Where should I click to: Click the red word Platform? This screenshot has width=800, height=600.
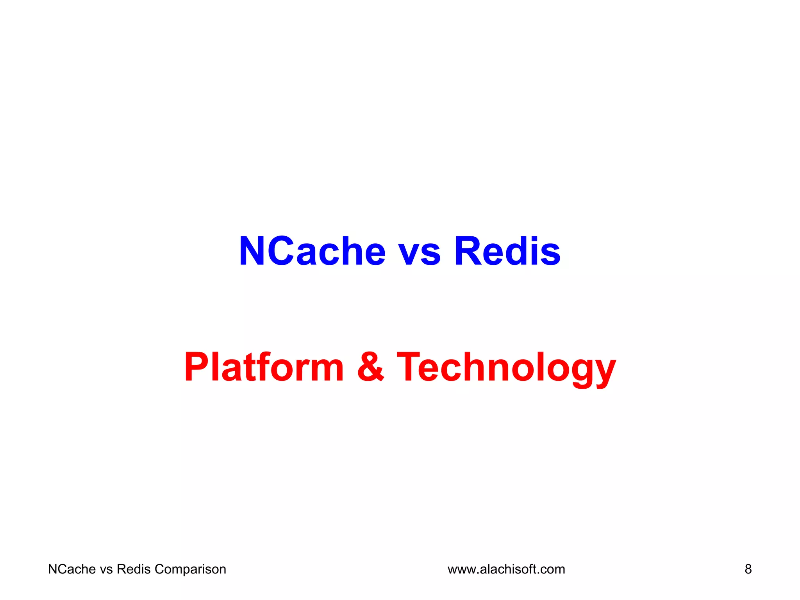(264, 367)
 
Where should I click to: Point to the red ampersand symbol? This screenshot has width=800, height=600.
(370, 367)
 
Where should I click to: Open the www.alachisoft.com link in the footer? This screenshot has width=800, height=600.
(506, 569)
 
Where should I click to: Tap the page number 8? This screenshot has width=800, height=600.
(748, 569)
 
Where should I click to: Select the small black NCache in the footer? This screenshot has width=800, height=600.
(72, 569)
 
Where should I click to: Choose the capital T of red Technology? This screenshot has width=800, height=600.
(410, 367)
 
